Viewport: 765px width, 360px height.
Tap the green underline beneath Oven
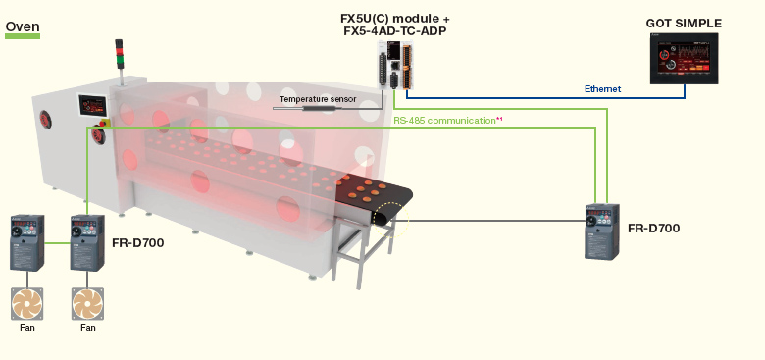23,37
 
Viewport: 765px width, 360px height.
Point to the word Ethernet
602,89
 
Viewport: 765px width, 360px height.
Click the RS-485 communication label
444,120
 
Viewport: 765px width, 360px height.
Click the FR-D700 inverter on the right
600,231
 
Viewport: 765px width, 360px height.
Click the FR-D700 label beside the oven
137,241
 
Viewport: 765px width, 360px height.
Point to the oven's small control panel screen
94,105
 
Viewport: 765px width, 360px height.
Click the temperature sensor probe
319,109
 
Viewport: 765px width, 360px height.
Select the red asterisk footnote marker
499,119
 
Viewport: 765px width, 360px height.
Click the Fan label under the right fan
88,328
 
